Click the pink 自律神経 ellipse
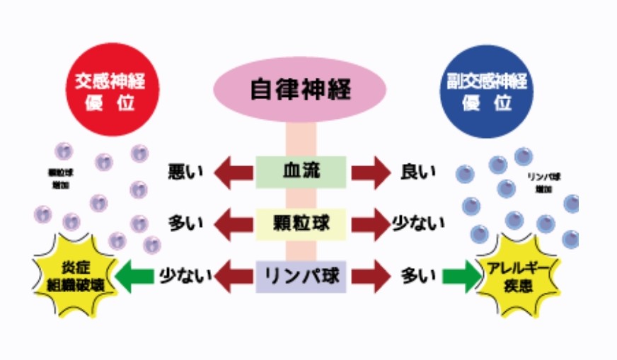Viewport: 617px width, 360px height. coord(301,90)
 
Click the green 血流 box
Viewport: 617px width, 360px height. coord(301,172)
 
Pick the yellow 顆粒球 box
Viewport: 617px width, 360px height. coord(301,224)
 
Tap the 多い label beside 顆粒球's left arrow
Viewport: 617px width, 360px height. coord(186,224)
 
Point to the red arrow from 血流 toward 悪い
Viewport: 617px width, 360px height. coord(233,173)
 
